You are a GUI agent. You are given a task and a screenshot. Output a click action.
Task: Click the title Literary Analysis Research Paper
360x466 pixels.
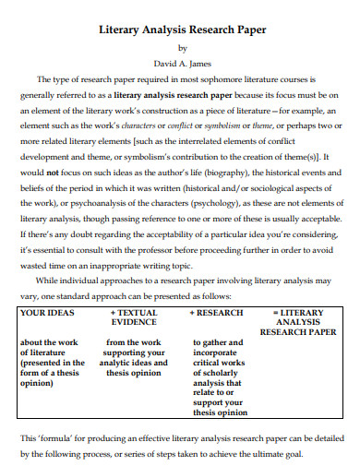click(x=181, y=30)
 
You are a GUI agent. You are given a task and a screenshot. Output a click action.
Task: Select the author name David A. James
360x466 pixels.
click(x=181, y=63)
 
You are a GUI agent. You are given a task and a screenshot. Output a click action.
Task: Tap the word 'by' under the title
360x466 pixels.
click(x=181, y=47)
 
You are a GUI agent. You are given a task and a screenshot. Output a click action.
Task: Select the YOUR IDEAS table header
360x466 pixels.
click(x=47, y=313)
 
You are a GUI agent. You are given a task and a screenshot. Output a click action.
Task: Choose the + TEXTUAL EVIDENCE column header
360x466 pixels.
click(x=134, y=318)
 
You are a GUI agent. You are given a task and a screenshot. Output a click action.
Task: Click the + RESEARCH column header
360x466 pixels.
click(x=216, y=313)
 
